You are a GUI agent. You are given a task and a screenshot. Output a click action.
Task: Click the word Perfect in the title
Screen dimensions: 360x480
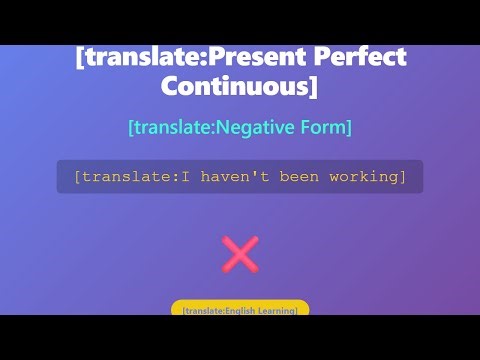point(362,57)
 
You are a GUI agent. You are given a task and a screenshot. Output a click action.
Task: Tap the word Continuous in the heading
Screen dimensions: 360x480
point(234,87)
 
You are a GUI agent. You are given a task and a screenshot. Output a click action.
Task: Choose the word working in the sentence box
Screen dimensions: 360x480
point(364,177)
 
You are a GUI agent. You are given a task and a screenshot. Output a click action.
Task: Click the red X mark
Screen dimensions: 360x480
point(240,254)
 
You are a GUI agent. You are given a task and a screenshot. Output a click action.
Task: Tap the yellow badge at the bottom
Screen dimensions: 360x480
point(240,309)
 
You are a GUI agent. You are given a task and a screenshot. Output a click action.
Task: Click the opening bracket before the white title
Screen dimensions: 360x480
point(80,57)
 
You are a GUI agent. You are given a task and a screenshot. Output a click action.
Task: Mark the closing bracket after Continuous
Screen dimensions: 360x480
point(313,87)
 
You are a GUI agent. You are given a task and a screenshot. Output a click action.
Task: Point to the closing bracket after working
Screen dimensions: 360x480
point(403,177)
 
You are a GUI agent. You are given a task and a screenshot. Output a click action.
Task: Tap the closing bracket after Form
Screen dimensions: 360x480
point(348,128)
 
